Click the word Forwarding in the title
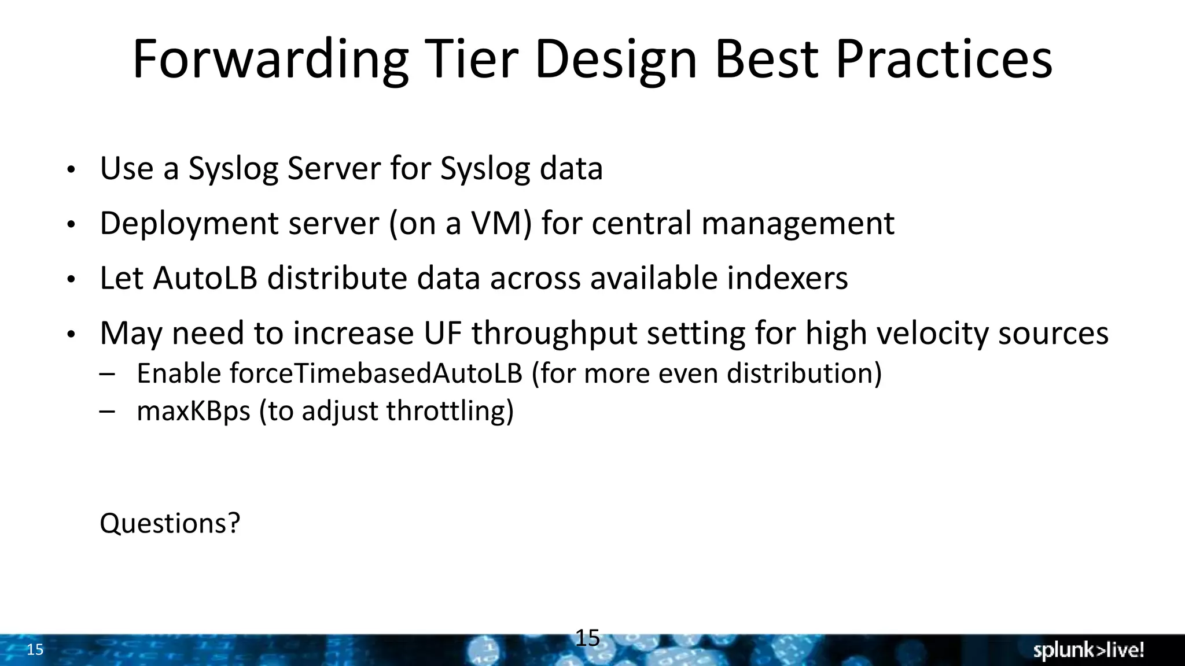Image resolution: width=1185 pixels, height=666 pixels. [270, 60]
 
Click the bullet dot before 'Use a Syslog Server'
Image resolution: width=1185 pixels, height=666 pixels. [71, 170]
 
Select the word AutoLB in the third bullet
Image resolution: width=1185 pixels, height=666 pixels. [205, 278]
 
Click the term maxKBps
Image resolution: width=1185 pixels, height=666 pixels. [193, 411]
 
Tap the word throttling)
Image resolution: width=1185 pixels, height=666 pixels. [450, 411]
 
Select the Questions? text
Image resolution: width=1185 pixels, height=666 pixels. [170, 523]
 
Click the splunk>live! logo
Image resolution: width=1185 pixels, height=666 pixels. [1088, 650]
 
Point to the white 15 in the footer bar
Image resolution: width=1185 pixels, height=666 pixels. [35, 650]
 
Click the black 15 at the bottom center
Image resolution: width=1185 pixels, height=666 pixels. [587, 638]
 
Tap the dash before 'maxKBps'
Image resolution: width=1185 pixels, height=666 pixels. [107, 411]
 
